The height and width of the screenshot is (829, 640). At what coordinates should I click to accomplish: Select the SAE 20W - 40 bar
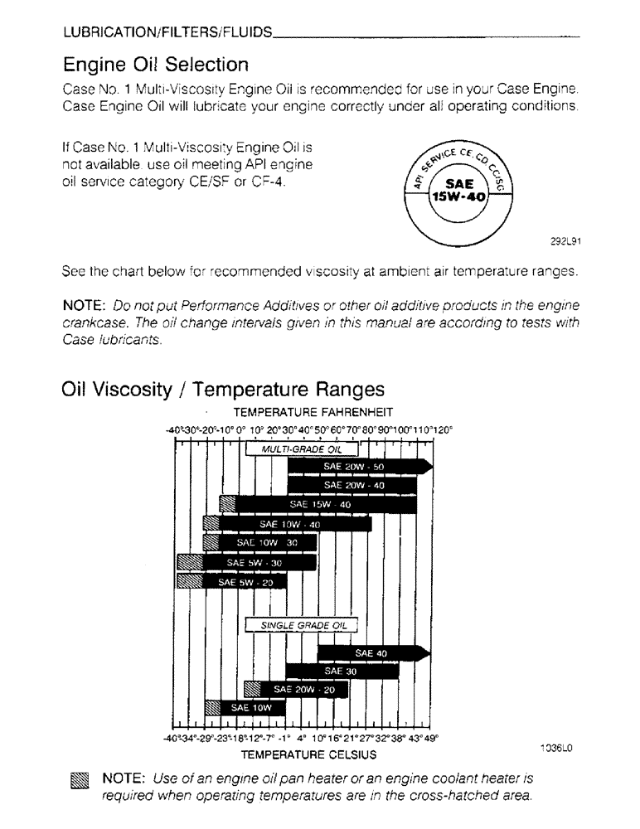[352, 486]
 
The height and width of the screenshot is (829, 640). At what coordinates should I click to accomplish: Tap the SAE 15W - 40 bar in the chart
[320, 504]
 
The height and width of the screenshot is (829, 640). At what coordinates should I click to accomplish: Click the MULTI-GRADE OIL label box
[302, 448]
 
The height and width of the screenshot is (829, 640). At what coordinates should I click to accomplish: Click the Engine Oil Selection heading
[155, 64]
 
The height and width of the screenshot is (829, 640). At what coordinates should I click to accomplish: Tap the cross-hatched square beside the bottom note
[79, 780]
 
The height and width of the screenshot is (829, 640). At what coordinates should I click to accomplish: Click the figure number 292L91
[565, 243]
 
